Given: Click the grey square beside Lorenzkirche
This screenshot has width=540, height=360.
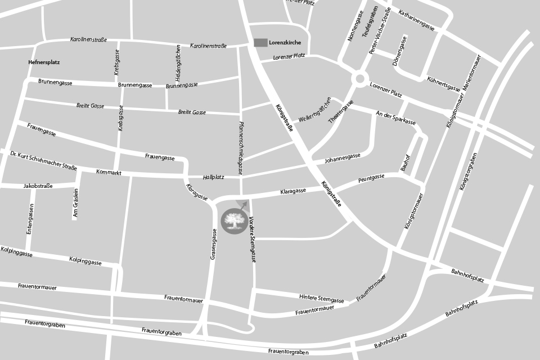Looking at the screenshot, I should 260,43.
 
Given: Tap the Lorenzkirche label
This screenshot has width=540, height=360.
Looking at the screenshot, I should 285,43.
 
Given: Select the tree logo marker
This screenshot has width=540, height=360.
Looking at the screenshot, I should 233,220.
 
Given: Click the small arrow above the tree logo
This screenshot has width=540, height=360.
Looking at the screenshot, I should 244,205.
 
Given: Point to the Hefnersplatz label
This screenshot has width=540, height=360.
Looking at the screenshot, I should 43,62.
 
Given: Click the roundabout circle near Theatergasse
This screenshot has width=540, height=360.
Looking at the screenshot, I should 360,79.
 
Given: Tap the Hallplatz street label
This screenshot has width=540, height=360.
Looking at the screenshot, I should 214,177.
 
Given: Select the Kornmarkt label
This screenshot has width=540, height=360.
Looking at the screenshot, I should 109,172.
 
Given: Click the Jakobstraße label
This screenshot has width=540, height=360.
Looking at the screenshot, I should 38,185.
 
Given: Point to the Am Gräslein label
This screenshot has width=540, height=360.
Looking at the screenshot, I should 75,204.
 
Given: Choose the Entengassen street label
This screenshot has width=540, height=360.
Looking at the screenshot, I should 30,219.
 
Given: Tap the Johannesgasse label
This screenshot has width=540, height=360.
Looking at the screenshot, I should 343,159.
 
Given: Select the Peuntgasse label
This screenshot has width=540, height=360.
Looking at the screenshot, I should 371,179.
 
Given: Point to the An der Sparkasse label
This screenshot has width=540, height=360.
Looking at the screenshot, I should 395,118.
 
